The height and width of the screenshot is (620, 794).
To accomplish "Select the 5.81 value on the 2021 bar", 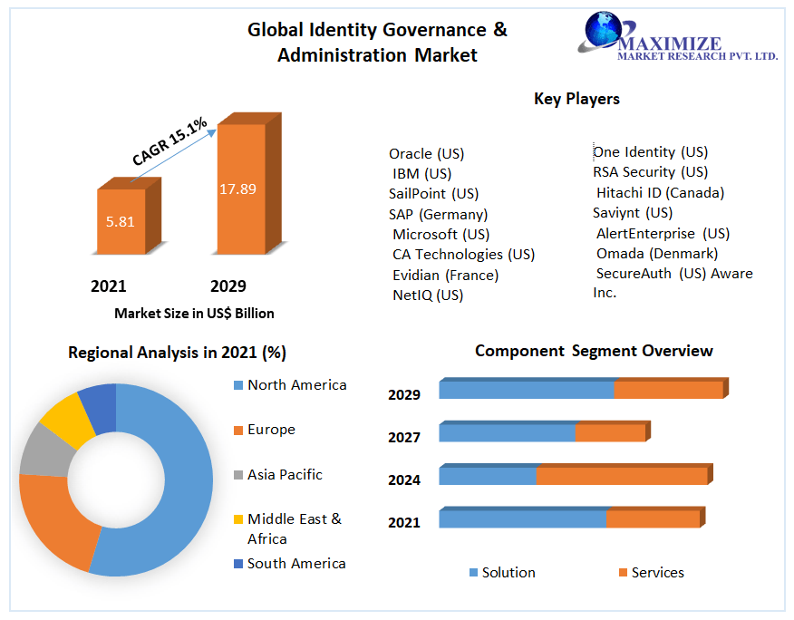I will click(120, 221).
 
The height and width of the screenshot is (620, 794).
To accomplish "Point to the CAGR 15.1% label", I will click(170, 141).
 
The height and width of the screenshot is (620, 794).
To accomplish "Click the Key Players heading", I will click(576, 99).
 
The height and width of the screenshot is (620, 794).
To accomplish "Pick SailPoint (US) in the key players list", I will click(433, 194).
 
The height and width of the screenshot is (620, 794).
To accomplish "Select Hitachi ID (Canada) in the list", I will click(660, 192).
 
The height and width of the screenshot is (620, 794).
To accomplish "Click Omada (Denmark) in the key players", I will click(656, 253).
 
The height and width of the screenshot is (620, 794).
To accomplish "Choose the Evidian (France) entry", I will click(445, 275).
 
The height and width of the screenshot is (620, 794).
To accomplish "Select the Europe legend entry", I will click(271, 430).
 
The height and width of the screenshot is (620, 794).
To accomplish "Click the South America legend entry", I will click(296, 564).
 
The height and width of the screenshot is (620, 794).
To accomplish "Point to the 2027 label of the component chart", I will click(404, 437).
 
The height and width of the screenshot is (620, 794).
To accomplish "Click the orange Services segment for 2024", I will click(621, 476).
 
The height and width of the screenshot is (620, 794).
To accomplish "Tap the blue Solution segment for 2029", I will click(526, 390).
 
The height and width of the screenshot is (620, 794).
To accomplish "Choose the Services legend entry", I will click(657, 573).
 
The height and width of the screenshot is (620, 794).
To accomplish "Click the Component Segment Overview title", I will click(594, 351).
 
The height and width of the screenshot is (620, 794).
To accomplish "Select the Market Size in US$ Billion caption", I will click(194, 314).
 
